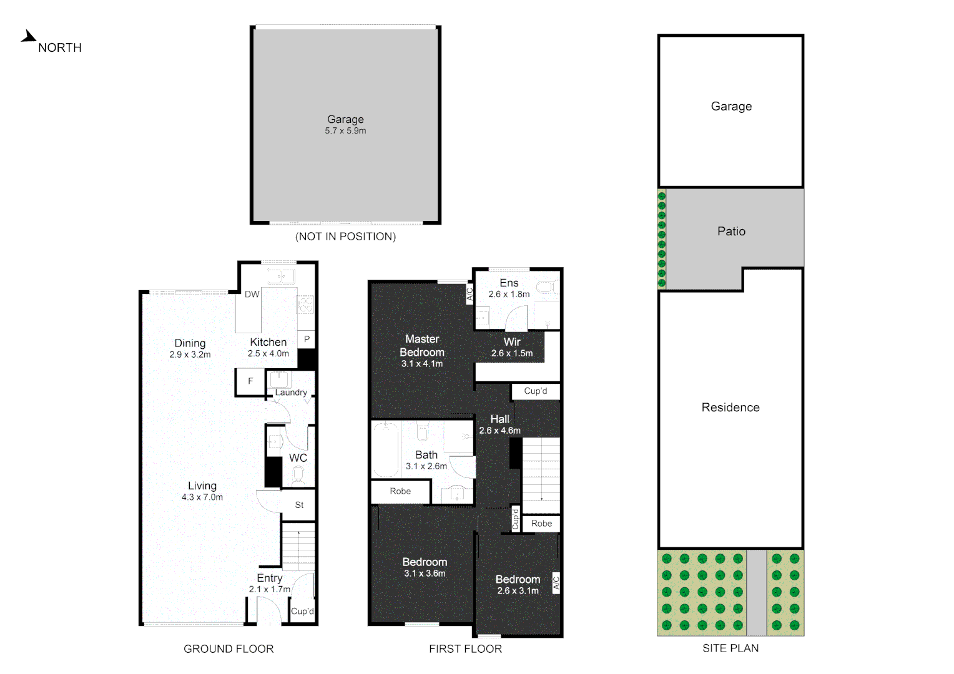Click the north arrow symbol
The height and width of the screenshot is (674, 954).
pos(28,37)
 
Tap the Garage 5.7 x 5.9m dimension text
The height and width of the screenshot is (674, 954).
pos(345,131)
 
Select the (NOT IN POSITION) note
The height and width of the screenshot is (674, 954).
pos(345,237)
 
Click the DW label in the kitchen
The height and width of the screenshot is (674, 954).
pos(252,295)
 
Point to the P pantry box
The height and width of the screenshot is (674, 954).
pos(307,339)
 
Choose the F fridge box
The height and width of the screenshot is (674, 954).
pos(250,381)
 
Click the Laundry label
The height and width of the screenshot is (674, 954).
pos(291,393)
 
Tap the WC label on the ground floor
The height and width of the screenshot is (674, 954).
pos(298,458)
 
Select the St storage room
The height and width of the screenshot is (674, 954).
pos(299,505)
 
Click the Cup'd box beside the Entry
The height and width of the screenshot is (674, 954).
pos(302,612)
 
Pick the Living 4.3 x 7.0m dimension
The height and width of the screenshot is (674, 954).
pos(202,497)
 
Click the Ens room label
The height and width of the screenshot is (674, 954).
pos(509,283)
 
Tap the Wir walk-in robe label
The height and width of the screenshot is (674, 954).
pos(512,342)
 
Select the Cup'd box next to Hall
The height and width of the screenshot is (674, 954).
pos(535,391)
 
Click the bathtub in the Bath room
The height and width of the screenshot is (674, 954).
pos(386,449)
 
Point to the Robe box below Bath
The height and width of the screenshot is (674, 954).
pos(400,492)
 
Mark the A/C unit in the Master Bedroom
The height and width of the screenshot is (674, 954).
pos(470,293)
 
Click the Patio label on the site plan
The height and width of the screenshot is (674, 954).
pos(731,232)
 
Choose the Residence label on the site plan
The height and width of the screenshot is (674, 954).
pos(730,408)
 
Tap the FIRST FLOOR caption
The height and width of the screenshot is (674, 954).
pos(465,649)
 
